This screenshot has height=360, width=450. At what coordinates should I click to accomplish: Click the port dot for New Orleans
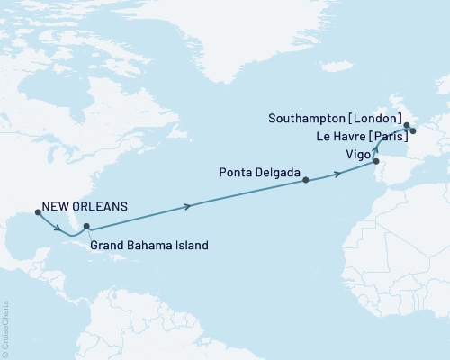coord(38,212)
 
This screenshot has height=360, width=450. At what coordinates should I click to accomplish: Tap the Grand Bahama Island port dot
coord(86,227)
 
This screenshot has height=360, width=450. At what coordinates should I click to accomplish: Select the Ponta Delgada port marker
coord(306,180)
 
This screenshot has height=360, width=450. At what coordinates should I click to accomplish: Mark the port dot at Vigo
coord(376,162)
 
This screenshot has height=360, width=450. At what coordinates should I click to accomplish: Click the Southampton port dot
coord(406,126)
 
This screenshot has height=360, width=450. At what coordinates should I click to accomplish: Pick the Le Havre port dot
coord(413,131)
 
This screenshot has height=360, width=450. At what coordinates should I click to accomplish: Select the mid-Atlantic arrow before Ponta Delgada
coord(187,207)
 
